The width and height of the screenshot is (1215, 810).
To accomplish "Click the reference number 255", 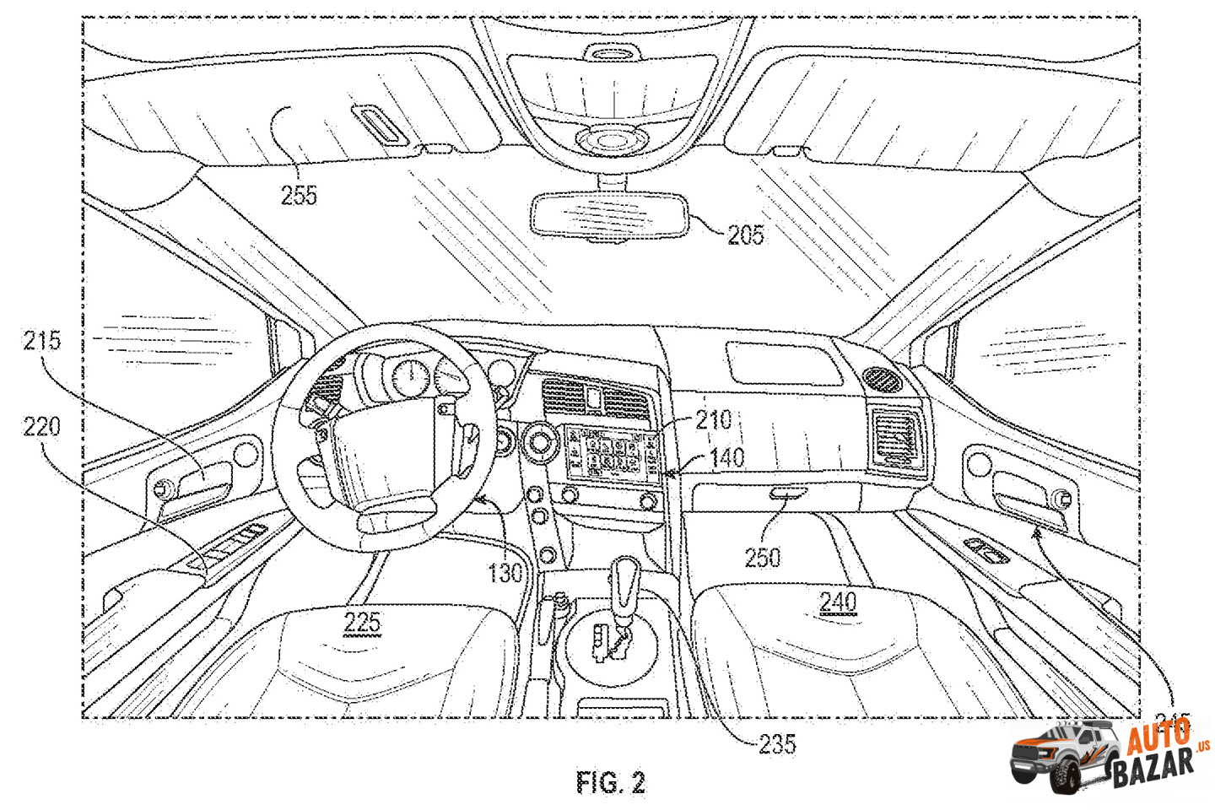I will pos(299,196).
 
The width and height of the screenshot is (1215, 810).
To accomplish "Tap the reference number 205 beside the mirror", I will pos(745,235).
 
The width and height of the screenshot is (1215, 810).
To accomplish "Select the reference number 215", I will pos(42,341).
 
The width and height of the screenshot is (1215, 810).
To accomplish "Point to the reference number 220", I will pos(42,426).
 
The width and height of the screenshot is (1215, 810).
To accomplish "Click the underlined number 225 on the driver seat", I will pos(362,624).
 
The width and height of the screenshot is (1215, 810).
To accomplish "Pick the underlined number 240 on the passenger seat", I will pos(838,602).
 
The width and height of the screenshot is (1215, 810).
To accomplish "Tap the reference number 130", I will pos(505,574).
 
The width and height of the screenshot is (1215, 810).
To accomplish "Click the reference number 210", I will pos(713,419).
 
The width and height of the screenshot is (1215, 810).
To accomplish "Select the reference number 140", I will pos(726,457).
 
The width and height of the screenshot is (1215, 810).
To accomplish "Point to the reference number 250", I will pos(762,558).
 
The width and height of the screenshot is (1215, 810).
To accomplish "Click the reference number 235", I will pos(777,743).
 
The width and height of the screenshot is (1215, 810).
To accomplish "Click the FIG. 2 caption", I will pos(611,783).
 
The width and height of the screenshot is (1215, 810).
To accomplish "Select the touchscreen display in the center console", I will pos(607,454).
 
